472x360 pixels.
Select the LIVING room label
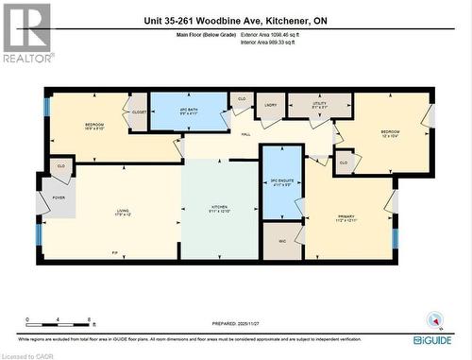click(x=123, y=211)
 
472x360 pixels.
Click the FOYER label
click(x=58, y=198)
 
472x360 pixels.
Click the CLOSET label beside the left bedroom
click(x=139, y=111)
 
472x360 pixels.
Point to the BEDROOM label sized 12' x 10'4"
click(x=391, y=132)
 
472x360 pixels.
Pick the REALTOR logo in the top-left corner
click(x=26, y=33)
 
